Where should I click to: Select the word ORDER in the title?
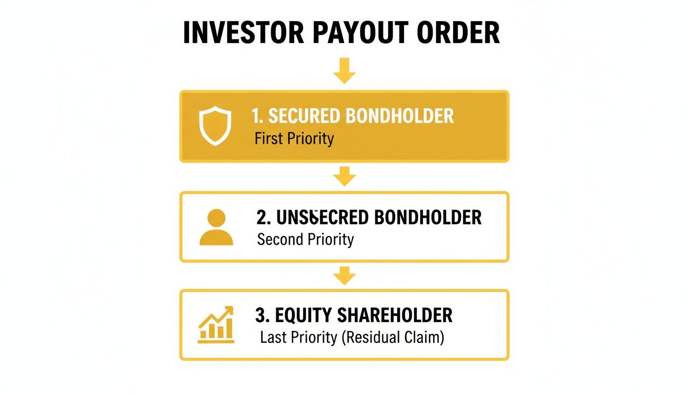point(457,34)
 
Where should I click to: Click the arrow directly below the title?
point(344,70)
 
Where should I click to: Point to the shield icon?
point(215,126)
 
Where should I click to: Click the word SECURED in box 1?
point(305,116)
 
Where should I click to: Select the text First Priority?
point(294,139)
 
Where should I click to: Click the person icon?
point(216,227)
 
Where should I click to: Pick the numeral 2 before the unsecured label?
point(261,218)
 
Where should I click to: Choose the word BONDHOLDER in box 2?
point(428,218)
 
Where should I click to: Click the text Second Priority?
point(305,240)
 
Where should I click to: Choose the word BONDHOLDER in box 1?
point(399,116)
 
